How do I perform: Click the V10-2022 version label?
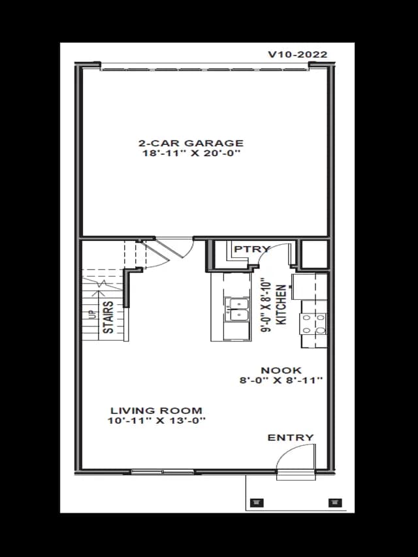coord(298,54)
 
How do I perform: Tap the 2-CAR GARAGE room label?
coord(191,143)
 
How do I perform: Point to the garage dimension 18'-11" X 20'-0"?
coord(191,153)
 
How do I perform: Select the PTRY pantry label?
coord(252,249)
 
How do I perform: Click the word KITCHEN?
coord(281,304)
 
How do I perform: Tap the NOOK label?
coord(281,370)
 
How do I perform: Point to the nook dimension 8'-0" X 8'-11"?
coord(281,380)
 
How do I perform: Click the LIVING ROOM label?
coord(156,411)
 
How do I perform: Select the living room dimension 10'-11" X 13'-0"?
coord(157,421)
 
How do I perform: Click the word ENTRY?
coord(291,438)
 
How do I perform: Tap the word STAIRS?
coord(108,317)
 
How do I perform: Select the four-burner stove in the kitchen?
coord(313,324)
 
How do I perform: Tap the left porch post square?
coord(257,502)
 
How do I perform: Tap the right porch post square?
coord(335,502)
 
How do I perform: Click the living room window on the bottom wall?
coord(163,471)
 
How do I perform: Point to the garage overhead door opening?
coord(204,67)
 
